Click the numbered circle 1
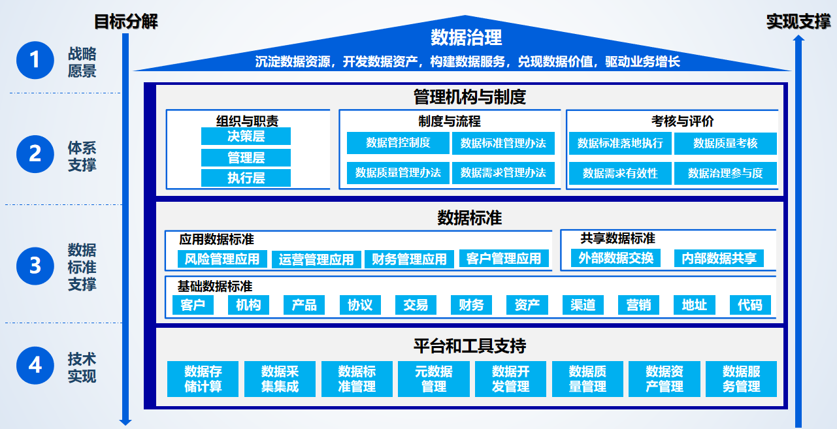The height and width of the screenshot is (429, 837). click(35, 61)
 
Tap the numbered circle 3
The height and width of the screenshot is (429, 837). click(35, 266)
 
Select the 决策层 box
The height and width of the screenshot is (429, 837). click(246, 136)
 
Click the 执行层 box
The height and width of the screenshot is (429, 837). click(246, 178)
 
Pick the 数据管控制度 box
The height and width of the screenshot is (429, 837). click(398, 143)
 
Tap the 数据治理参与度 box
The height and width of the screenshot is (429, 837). click(725, 174)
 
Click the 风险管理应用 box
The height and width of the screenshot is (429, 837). click(222, 259)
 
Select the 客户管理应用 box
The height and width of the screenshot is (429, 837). click(504, 259)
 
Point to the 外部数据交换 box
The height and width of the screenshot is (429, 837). click(616, 258)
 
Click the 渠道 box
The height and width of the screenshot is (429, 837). click(583, 305)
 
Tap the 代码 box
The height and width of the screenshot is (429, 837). click(750, 305)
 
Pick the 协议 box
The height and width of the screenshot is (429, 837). click(360, 305)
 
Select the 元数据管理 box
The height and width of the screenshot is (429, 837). click(434, 379)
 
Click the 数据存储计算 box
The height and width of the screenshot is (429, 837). click(203, 379)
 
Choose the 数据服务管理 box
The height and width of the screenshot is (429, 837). click(742, 379)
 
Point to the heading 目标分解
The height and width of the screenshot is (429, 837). click(126, 22)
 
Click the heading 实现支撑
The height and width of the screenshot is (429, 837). click(798, 22)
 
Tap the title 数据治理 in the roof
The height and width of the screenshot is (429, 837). click(467, 37)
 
